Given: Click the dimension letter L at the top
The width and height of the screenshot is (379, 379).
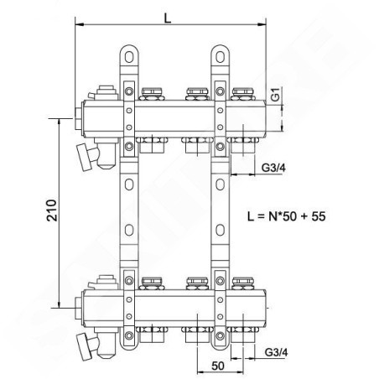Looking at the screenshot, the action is [x=168, y=18].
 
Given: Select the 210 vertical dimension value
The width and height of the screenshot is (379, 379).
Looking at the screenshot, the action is [x=52, y=210].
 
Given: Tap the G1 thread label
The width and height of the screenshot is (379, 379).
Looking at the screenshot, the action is [x=276, y=94].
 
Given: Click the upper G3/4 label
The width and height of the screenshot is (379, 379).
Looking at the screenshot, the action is [x=273, y=168].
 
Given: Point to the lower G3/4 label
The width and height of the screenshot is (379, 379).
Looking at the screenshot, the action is [x=276, y=352].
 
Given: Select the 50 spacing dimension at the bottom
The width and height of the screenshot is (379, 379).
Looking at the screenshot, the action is [x=218, y=366].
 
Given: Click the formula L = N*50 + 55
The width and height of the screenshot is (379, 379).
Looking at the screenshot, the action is [x=287, y=216].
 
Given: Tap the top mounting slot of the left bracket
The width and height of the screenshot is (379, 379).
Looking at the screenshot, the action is [x=129, y=57].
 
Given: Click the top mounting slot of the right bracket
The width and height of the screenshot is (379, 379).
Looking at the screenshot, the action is [x=220, y=57].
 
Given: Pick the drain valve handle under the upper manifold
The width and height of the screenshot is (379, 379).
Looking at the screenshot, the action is [x=85, y=157].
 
